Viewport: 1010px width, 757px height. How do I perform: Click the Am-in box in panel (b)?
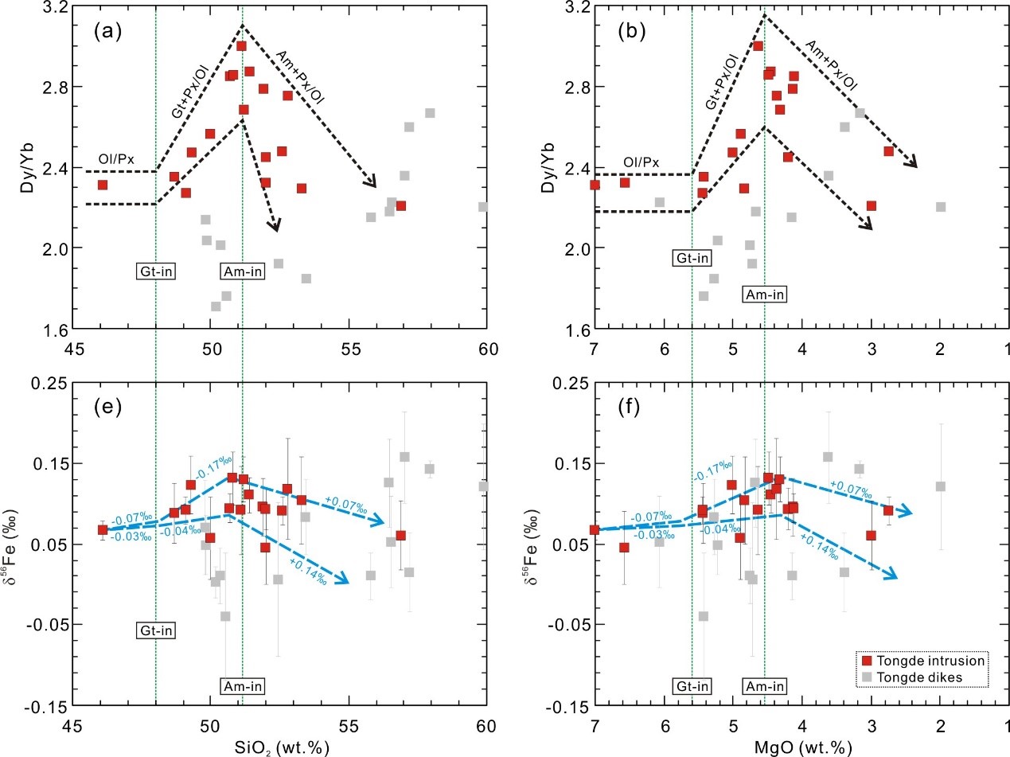pos(764,294)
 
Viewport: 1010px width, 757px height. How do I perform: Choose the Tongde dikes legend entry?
pos(917,677)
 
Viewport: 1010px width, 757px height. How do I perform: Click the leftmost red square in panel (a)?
pos(103,185)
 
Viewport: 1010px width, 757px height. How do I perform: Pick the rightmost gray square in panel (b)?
pos(940,207)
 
